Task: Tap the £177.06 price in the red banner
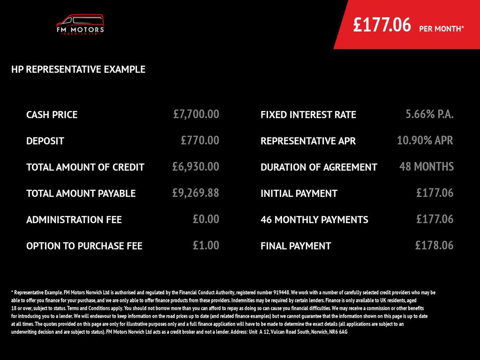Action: [382, 25]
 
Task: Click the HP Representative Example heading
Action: [78, 70]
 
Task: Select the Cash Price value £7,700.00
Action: [196, 114]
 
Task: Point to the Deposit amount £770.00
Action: [200, 140]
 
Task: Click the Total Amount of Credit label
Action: [85, 167]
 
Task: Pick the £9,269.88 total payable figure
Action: [196, 193]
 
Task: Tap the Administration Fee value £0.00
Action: [206, 219]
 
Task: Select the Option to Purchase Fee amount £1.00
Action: [206, 245]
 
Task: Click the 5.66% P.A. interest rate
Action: [429, 114]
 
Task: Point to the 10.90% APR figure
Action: [425, 140]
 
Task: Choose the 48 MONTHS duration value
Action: [427, 166]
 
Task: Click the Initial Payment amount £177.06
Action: [435, 193]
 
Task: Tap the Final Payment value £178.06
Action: [434, 245]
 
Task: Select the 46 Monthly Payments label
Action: [315, 220]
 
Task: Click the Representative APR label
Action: [308, 141]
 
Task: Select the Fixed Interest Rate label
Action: [308, 115]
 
